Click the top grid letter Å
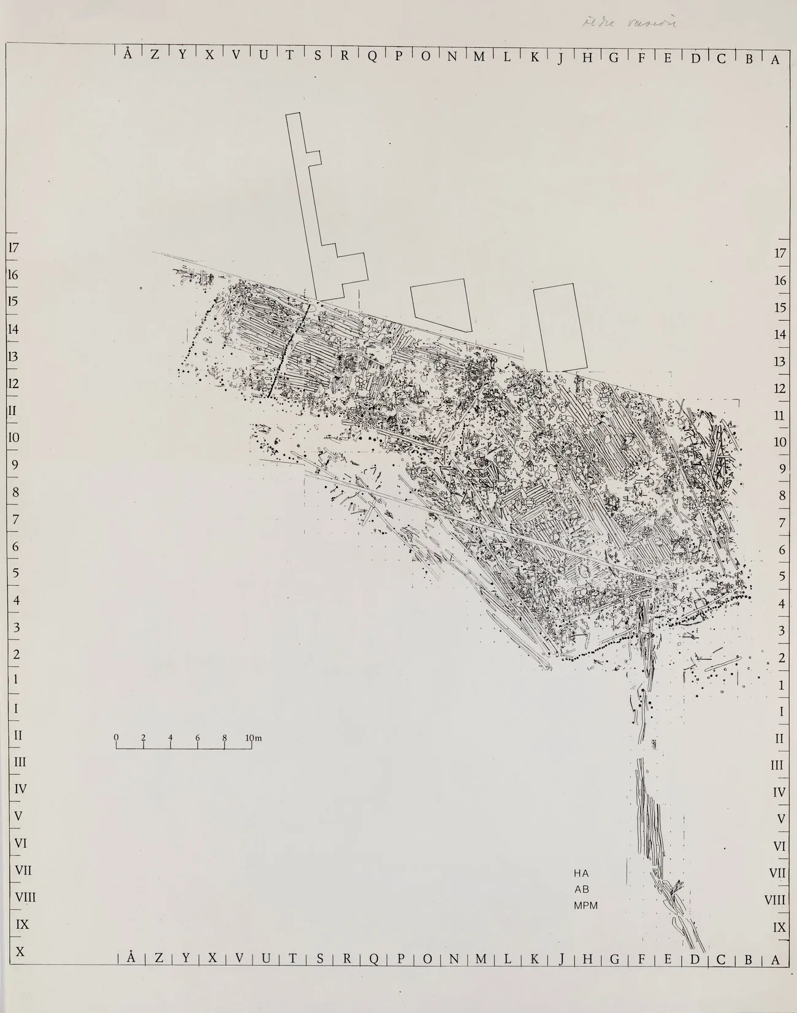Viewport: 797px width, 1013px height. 127,54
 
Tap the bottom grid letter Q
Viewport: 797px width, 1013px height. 373,977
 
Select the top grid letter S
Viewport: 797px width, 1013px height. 318,55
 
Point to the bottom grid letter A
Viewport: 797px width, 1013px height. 776,977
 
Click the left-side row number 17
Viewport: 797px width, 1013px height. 13,248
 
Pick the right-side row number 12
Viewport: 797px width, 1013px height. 780,388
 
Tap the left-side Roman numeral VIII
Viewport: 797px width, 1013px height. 25,897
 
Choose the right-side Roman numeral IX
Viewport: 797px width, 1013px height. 779,927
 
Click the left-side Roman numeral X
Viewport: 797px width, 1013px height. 20,951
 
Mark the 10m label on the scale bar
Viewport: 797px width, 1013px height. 253,738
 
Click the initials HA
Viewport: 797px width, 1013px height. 581,872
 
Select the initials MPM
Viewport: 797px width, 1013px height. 585,905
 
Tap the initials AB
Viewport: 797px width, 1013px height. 581,889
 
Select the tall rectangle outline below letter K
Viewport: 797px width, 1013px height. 560,328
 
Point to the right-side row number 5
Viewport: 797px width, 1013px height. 782,576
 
